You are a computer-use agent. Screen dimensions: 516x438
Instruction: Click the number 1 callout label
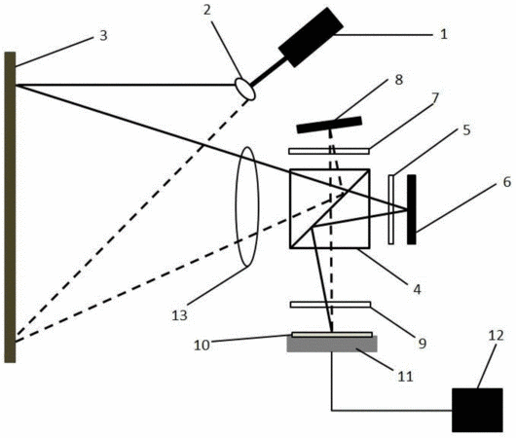(444, 34)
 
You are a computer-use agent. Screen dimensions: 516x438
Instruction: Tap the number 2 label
(206, 10)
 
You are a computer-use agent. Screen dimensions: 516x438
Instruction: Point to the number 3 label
(103, 36)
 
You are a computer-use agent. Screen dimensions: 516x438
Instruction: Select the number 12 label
(497, 336)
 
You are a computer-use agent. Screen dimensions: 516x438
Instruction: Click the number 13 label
(180, 315)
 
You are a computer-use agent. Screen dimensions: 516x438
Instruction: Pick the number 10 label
(202, 346)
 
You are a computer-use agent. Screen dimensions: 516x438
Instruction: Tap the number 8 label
(399, 80)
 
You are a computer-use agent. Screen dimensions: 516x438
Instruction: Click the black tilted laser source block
(311, 37)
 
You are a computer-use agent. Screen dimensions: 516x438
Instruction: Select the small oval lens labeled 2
(244, 89)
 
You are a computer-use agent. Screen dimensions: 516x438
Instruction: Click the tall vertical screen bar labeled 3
(10, 207)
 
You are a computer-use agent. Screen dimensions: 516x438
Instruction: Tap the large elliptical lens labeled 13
(247, 206)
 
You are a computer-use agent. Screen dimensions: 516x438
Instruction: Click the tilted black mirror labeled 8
(329, 125)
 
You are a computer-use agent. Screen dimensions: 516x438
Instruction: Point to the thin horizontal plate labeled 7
(329, 151)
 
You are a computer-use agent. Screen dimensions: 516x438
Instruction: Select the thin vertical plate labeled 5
(391, 209)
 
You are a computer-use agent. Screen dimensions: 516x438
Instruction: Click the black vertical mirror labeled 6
(412, 209)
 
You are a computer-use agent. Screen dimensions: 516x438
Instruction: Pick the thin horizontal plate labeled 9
(330, 305)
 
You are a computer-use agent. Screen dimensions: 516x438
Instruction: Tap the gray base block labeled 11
(332, 345)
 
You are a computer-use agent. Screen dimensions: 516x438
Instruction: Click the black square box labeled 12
(477, 410)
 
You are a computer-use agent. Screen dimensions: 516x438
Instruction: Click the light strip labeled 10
(332, 335)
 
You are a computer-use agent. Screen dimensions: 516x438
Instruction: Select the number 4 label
(417, 289)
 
